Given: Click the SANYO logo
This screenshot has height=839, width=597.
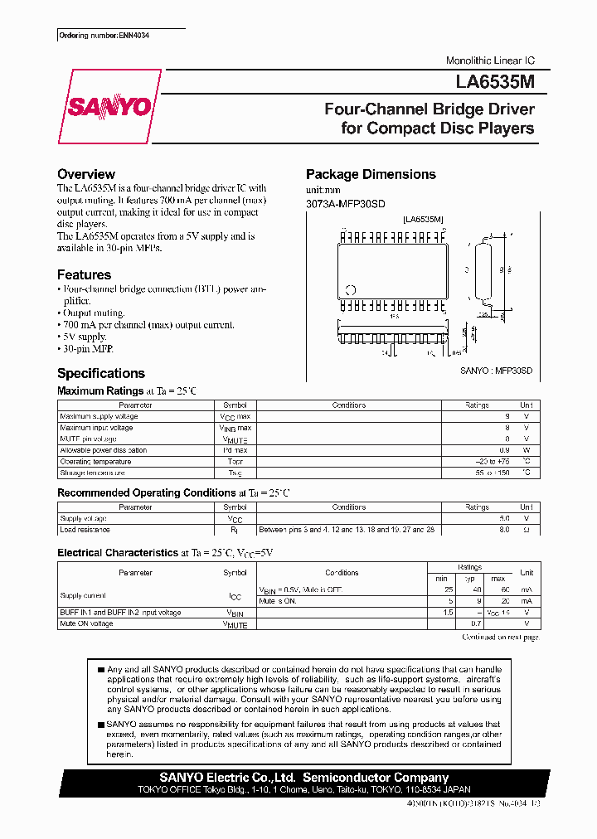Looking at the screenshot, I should [109, 106].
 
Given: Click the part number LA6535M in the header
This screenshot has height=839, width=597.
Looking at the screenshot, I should [495, 83].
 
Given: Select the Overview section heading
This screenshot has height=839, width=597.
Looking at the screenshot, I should [86, 174].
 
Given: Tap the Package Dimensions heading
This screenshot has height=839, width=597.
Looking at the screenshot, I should [371, 174].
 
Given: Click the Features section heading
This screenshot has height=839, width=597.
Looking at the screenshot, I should [84, 274].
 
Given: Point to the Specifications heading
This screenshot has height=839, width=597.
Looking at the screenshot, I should [101, 373].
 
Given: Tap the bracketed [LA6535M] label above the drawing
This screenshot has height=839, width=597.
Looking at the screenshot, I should [423, 219].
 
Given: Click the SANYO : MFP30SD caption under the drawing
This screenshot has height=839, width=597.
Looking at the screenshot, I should [496, 372].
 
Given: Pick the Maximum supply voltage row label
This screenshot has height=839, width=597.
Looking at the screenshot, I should [99, 416].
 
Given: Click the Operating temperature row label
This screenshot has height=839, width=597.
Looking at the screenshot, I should [95, 462].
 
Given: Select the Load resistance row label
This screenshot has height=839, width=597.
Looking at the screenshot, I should [85, 529].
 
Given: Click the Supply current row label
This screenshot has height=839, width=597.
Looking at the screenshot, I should [83, 594].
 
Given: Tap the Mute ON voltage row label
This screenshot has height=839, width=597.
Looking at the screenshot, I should [86, 623].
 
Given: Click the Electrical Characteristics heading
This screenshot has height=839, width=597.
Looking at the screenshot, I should [118, 553].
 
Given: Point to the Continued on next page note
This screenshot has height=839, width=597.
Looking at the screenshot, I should [500, 637].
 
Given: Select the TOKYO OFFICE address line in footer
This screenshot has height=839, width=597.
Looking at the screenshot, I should [303, 790].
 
